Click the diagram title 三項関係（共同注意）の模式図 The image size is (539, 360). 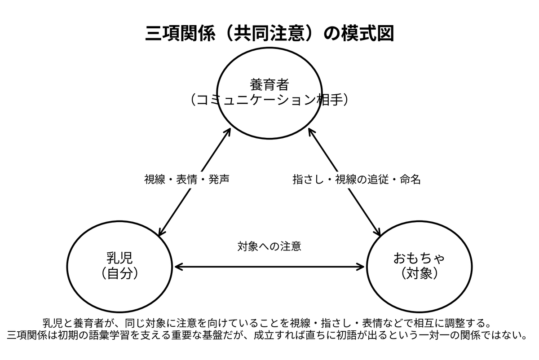(269, 33)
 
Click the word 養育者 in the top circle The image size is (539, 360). (269, 85)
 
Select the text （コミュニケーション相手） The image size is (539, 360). (269, 100)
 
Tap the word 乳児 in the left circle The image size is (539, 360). (119, 258)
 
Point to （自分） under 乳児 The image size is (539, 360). (119, 273)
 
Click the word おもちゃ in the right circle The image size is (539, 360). (419, 258)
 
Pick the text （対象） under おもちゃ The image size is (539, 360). (419, 273)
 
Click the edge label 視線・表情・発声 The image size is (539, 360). (187, 180)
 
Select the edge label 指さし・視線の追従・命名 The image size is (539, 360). (357, 180)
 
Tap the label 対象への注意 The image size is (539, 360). (269, 246)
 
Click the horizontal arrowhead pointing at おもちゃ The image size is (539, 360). (360, 267)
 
